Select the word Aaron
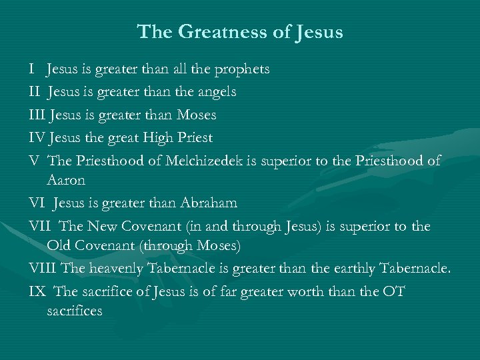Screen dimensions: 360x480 tap(67, 180)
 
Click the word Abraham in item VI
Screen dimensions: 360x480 tap(207, 203)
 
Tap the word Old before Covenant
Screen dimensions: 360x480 tap(60, 245)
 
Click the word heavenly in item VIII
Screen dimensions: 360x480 tap(116, 269)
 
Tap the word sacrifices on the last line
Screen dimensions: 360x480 tap(75, 311)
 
